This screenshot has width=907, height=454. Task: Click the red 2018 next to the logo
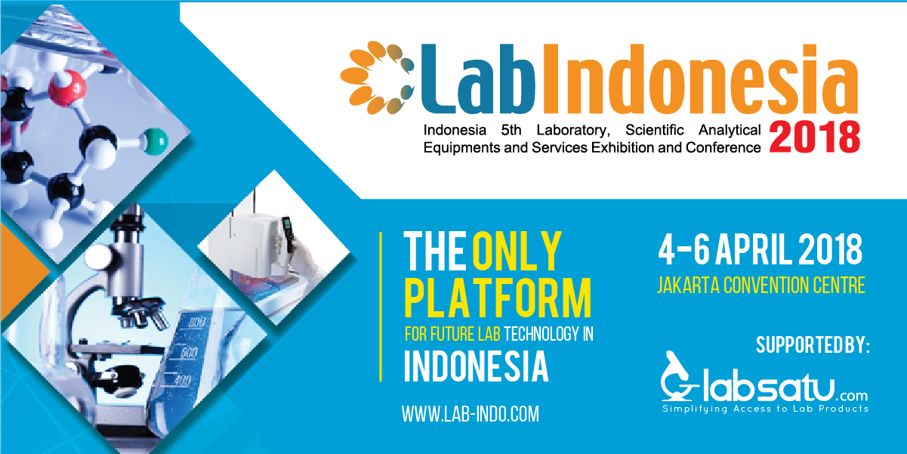tap(814, 137)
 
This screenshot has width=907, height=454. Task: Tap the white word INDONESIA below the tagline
tap(476, 366)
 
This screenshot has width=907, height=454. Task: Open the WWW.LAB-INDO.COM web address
tap(470, 414)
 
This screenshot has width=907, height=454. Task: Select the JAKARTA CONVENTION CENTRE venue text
tap(760, 286)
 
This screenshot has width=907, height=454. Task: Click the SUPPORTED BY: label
tap(813, 346)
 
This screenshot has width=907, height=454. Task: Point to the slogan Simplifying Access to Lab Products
tap(765, 409)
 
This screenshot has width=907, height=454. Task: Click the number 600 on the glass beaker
tap(188, 353)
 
